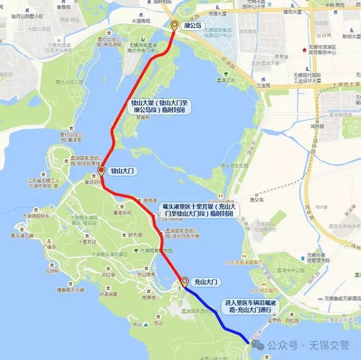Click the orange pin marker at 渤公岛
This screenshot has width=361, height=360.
tap(175, 25)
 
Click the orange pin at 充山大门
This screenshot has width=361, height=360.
tap(185, 281)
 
